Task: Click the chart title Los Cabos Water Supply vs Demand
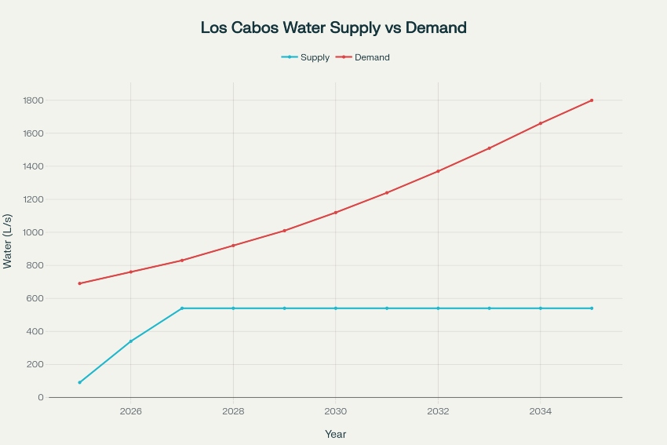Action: pyautogui.click(x=333, y=28)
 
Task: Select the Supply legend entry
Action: pyautogui.click(x=306, y=57)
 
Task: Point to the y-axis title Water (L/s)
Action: pyautogui.click(x=8, y=241)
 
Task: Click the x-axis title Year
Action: pyautogui.click(x=335, y=434)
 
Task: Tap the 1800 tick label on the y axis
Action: pyautogui.click(x=31, y=100)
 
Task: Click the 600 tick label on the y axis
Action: pyautogui.click(x=35, y=298)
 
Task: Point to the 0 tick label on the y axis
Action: pyautogui.click(x=40, y=397)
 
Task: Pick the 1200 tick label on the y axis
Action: pyautogui.click(x=31, y=199)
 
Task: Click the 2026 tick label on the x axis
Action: pyautogui.click(x=130, y=410)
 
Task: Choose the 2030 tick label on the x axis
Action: pyautogui.click(x=335, y=410)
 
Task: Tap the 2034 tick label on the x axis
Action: pyautogui.click(x=540, y=410)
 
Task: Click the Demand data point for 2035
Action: pyautogui.click(x=592, y=100)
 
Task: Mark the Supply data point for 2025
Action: pyautogui.click(x=79, y=382)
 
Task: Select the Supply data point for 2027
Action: pyautogui.click(x=182, y=308)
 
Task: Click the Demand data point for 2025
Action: pyautogui.click(x=79, y=283)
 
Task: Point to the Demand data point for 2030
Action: pyautogui.click(x=335, y=213)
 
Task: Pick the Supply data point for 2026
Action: pyautogui.click(x=130, y=341)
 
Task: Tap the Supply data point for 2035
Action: pyautogui.click(x=592, y=308)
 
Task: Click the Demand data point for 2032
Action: pyautogui.click(x=438, y=171)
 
